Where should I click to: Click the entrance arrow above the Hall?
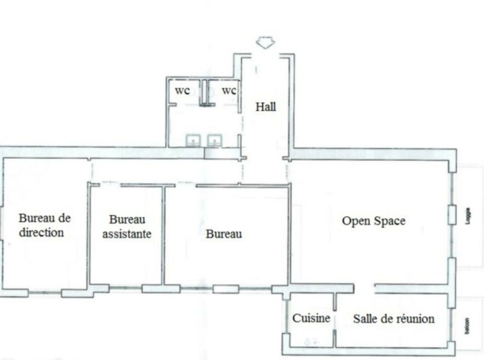pyautogui.click(x=266, y=43)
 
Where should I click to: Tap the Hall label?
pyautogui.click(x=266, y=107)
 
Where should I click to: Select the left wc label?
pyautogui.click(x=183, y=91)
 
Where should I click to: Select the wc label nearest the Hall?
pyautogui.click(x=229, y=91)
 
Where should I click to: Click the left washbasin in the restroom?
pyautogui.click(x=193, y=140)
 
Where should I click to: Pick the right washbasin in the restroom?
pyautogui.click(x=215, y=140)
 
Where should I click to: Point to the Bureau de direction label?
pyautogui.click(x=45, y=225)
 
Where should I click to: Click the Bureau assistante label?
pyautogui.click(x=127, y=227)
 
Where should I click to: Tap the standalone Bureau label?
pyautogui.click(x=223, y=234)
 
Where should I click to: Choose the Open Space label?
pyautogui.click(x=374, y=221)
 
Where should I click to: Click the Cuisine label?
pyautogui.click(x=311, y=319)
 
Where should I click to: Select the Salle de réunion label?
pyautogui.click(x=394, y=319)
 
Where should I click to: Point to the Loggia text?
pyautogui.click(x=468, y=216)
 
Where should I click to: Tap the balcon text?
pyautogui.click(x=467, y=326)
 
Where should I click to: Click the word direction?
pyautogui.click(x=42, y=232)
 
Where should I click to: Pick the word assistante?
pyautogui.click(x=127, y=234)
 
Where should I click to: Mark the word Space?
pyautogui.click(x=389, y=221)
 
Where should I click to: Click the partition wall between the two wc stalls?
pyautogui.click(x=204, y=93)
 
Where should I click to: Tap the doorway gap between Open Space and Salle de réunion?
pyautogui.click(x=364, y=289)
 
